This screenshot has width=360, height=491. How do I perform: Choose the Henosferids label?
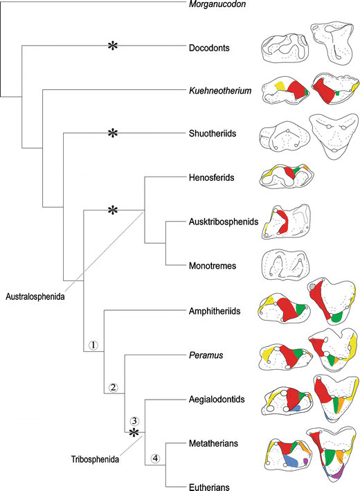point(211,177)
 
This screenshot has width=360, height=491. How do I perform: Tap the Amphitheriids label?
point(214,311)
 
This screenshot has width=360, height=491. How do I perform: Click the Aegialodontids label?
point(216,400)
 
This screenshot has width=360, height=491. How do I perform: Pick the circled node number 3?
point(135,420)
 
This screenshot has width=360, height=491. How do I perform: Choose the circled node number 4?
point(155,458)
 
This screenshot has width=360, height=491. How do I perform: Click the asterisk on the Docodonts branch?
point(111,46)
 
